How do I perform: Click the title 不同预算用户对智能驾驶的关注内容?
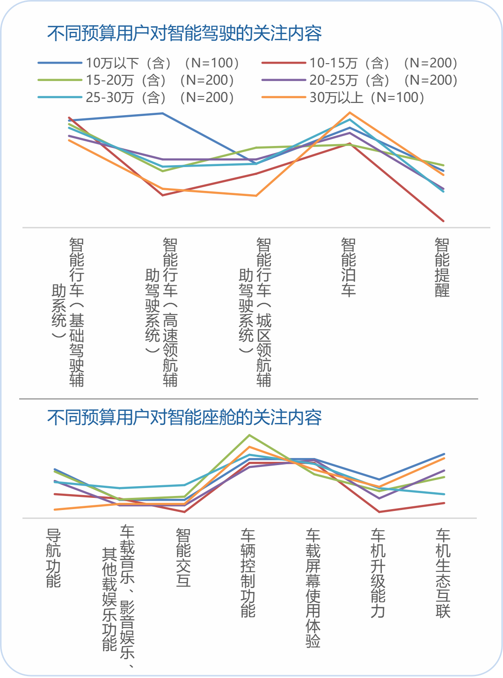click(184, 33)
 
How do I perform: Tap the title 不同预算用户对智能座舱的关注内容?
click(184, 417)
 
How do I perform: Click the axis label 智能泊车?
click(349, 267)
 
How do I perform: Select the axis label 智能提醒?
click(442, 267)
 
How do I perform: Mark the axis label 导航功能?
click(53, 558)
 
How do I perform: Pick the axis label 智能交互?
click(183, 558)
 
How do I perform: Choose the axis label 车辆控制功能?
click(248, 573)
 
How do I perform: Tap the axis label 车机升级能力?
click(378, 573)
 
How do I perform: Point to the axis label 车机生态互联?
click(443, 573)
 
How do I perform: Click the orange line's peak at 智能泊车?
click(350, 113)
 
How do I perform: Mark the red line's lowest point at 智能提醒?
click(443, 221)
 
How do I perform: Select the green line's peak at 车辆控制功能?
click(249, 435)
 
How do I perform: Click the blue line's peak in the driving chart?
click(162, 113)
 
